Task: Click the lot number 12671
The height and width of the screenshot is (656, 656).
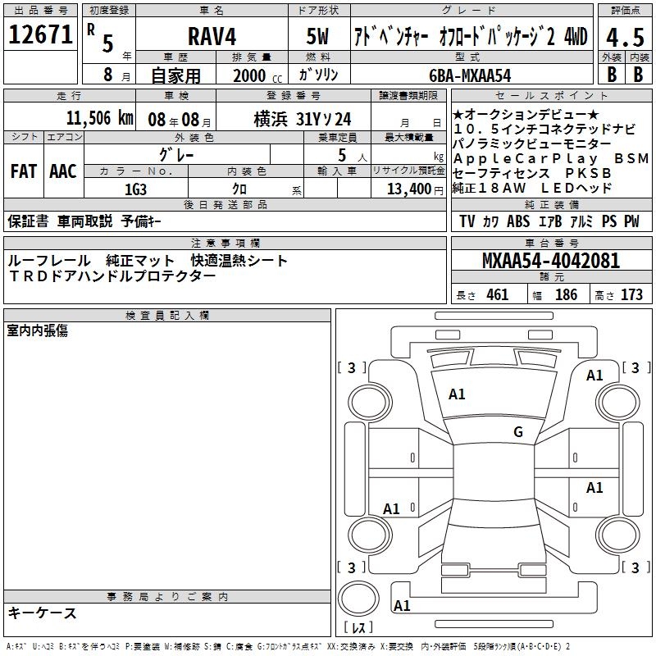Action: [x=40, y=34]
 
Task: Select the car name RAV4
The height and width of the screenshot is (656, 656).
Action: [x=212, y=36]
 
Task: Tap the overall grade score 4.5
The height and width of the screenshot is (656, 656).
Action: [x=625, y=37]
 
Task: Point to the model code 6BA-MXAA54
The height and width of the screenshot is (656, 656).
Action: [x=470, y=75]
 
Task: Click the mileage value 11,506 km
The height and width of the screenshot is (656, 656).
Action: [x=99, y=118]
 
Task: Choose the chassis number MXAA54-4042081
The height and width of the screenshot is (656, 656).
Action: [x=551, y=261]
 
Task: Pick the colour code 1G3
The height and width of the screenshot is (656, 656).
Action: [x=135, y=189]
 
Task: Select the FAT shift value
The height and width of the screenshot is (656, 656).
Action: [x=24, y=171]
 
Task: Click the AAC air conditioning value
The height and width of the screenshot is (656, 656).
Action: [x=63, y=171]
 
